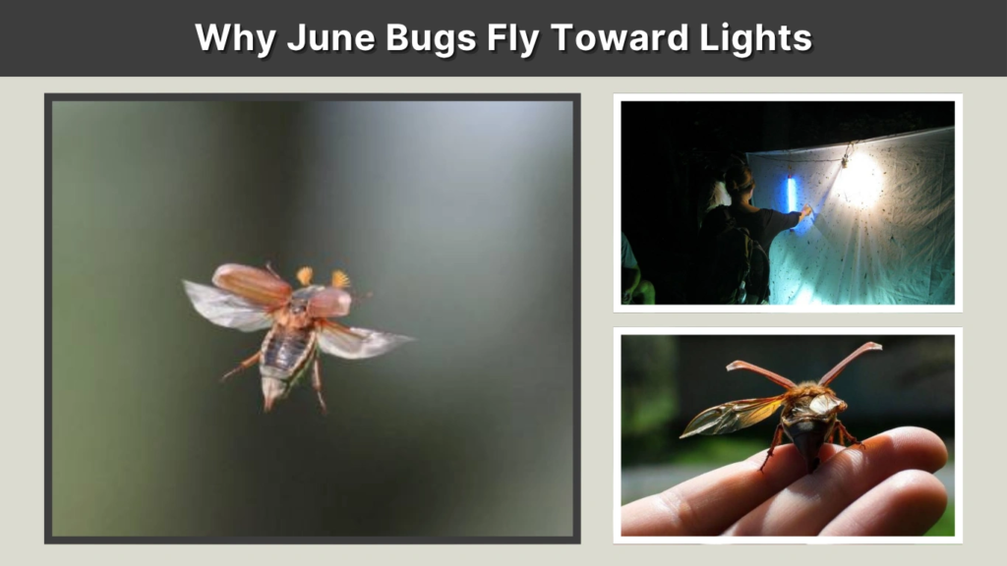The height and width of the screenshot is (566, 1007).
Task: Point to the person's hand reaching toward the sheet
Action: click(806, 210)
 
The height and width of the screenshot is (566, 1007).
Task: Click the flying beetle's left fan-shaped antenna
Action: click(305, 276)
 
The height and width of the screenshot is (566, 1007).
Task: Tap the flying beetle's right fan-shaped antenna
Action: click(340, 279)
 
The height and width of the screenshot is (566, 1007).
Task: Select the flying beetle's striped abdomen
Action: click(285, 349)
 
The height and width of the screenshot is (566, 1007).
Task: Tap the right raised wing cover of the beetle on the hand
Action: click(850, 362)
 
